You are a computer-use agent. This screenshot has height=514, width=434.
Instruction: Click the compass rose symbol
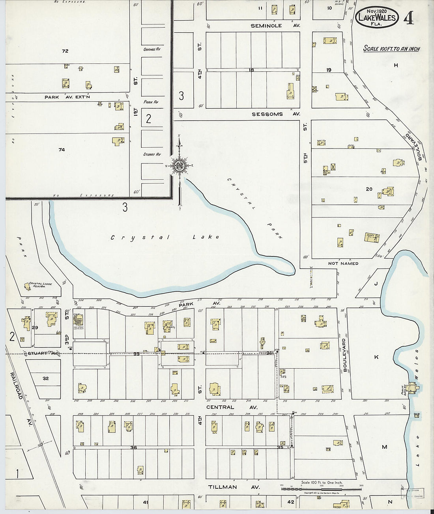click(180, 165)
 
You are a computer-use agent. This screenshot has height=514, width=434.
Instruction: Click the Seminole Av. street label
click(275, 26)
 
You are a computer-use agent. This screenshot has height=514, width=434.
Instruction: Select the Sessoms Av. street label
click(276, 114)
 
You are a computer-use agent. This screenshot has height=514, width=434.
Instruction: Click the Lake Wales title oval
click(377, 18)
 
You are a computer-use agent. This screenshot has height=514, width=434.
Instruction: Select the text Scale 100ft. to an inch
click(391, 49)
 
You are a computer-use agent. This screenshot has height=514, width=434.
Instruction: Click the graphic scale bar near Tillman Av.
click(321, 489)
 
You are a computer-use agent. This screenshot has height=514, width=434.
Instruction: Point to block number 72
click(65, 51)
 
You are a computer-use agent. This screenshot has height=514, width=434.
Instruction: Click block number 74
click(62, 150)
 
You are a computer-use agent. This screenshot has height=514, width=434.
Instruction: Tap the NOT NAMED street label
click(343, 263)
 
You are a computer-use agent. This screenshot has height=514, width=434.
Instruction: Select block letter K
click(376, 357)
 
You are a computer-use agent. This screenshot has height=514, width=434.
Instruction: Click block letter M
click(384, 447)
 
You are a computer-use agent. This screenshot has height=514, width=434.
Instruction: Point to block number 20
click(369, 189)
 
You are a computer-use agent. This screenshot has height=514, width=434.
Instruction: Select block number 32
click(46, 379)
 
